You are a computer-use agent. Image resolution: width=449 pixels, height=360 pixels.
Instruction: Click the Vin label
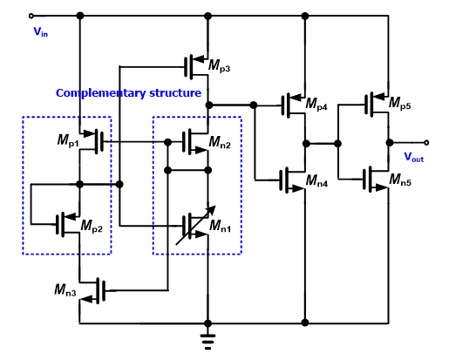41,31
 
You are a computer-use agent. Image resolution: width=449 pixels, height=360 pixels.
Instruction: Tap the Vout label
414,157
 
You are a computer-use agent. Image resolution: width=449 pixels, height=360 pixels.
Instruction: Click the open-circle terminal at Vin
31,16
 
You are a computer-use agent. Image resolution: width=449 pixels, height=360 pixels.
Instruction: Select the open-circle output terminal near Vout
426,142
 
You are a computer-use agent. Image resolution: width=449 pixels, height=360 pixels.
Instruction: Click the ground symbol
207,342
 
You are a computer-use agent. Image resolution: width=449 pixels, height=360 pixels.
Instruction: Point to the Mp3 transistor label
220,65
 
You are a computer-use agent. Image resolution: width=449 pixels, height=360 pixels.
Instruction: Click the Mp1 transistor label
68,141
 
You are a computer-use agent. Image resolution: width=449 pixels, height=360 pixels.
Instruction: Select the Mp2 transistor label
92,226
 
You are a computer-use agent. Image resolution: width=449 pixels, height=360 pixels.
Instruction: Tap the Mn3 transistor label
65,290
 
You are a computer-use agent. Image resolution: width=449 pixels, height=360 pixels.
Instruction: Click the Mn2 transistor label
220,143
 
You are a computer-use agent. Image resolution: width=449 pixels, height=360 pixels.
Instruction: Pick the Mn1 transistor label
221,226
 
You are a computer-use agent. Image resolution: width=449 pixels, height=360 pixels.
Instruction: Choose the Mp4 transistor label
316,104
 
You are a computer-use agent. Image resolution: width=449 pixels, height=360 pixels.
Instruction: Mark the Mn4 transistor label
317,180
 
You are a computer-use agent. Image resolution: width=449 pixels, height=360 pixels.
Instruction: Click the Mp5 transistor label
400,103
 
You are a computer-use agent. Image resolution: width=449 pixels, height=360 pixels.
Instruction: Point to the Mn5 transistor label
400,180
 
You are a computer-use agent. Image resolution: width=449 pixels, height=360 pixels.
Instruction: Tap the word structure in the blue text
175,92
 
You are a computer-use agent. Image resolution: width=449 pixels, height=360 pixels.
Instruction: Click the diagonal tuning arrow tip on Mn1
215,206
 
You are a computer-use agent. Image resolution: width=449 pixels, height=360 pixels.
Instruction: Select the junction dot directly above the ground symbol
207,323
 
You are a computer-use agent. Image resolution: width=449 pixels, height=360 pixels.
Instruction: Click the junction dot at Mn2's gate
167,142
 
